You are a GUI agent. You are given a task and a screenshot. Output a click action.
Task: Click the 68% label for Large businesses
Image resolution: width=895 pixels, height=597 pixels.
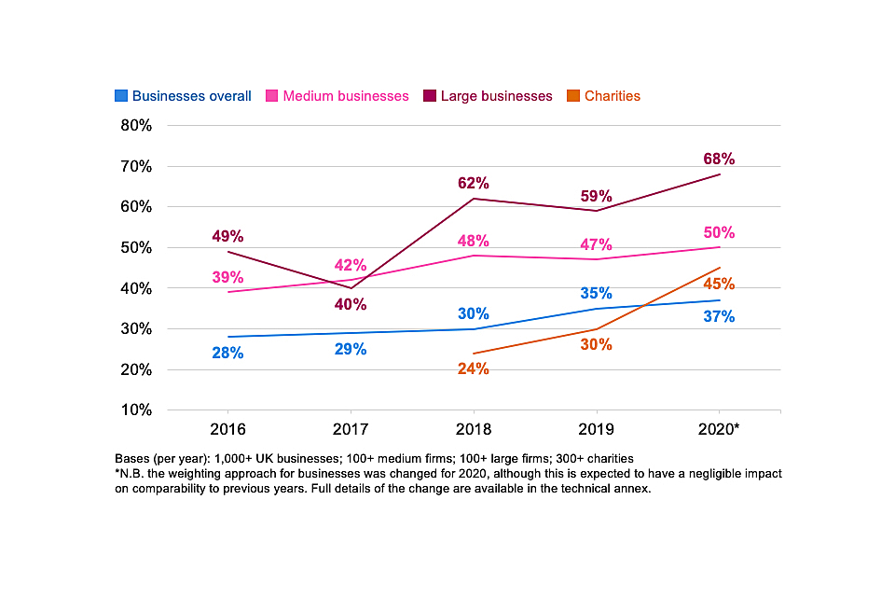[720, 160]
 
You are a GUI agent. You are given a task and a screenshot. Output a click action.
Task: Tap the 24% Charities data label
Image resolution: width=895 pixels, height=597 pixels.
[474, 368]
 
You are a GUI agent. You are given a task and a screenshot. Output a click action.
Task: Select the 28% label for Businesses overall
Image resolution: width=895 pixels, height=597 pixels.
[227, 353]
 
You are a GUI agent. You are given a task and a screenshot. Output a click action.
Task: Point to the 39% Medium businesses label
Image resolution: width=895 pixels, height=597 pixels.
[227, 277]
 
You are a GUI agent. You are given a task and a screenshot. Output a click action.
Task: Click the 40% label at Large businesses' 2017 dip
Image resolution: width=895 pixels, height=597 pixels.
[351, 304]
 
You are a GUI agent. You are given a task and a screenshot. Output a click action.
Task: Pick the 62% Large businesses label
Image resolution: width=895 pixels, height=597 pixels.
[474, 183]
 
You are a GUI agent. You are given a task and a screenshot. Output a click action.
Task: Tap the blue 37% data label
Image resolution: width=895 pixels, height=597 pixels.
[720, 316]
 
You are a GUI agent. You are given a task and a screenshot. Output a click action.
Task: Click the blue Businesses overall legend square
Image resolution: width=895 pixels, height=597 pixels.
[121, 96]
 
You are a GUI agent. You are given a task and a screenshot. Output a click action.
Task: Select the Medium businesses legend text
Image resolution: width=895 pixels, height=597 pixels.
[346, 96]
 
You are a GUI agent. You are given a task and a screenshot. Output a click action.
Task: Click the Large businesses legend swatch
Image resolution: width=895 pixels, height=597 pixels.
[430, 96]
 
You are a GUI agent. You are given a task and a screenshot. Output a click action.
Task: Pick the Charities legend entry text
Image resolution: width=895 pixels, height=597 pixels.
[612, 96]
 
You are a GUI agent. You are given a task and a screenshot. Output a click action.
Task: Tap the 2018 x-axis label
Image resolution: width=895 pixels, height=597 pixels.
[474, 432]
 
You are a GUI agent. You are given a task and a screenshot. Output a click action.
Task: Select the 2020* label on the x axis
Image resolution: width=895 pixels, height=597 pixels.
[720, 432]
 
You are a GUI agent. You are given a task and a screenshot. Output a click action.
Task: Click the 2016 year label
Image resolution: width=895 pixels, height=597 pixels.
[227, 432]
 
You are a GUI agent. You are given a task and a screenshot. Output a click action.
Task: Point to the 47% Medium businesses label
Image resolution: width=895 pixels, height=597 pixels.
[597, 245]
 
